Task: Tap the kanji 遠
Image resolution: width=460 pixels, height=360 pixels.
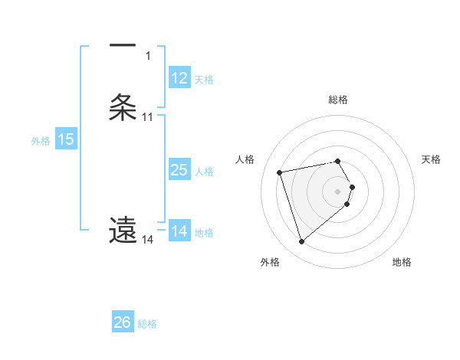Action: [123, 229]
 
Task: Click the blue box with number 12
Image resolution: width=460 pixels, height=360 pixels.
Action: [179, 78]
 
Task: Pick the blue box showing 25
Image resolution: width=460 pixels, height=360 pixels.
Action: [179, 170]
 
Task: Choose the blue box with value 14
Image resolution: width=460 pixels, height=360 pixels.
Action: [179, 231]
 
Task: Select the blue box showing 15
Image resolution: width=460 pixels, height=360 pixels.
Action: [66, 139]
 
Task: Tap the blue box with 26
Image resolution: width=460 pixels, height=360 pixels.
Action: [123, 322]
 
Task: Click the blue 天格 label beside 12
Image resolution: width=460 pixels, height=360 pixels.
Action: [203, 80]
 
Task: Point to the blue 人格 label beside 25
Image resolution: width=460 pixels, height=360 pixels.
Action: [205, 172]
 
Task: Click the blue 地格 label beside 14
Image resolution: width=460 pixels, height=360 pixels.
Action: [205, 233]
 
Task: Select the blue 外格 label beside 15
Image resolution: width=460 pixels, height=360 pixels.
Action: [41, 141]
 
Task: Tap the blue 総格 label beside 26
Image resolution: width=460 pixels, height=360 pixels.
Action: [147, 324]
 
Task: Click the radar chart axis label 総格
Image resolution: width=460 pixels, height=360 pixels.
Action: [338, 100]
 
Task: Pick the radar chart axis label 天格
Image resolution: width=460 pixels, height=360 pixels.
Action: [432, 159]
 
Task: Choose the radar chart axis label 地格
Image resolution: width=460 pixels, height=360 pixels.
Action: [402, 263]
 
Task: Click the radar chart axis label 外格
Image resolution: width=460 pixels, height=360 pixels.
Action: [270, 263]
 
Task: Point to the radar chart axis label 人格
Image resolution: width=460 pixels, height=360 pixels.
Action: [245, 159]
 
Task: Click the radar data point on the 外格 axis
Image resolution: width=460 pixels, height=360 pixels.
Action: [301, 242]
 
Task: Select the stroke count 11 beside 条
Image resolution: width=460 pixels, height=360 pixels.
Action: [148, 117]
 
